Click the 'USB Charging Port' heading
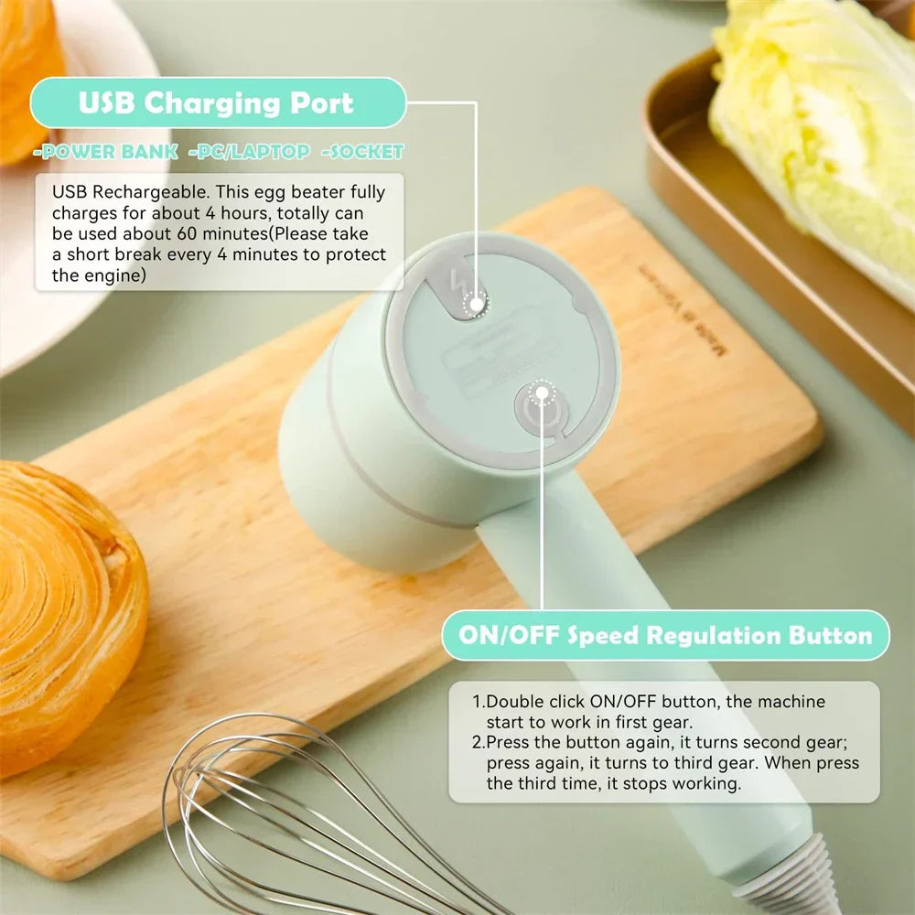tap(216, 102)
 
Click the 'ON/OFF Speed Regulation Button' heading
tap(665, 635)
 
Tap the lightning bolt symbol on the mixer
tap(457, 284)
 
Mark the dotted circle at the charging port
tap(477, 304)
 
